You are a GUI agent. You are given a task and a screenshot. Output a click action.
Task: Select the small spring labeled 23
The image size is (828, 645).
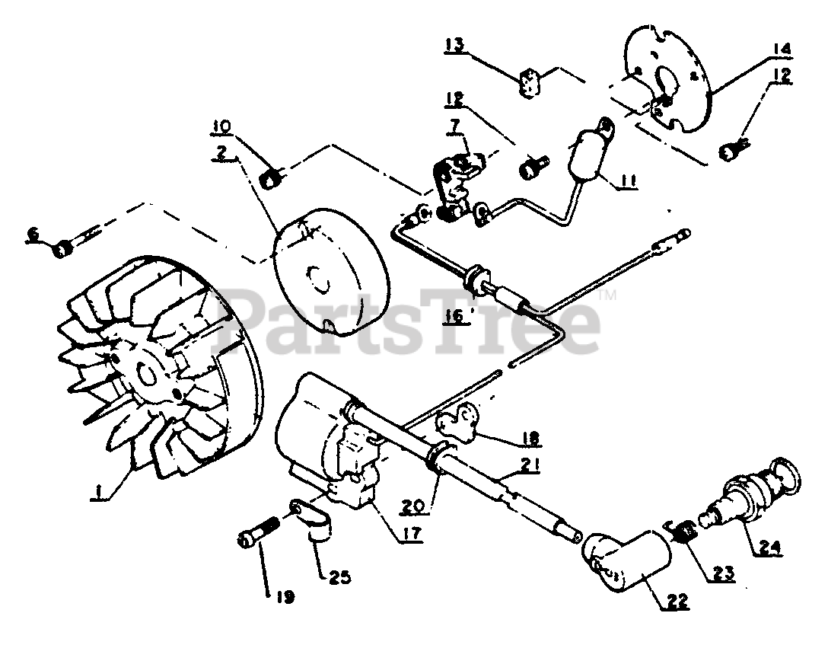click(685, 529)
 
